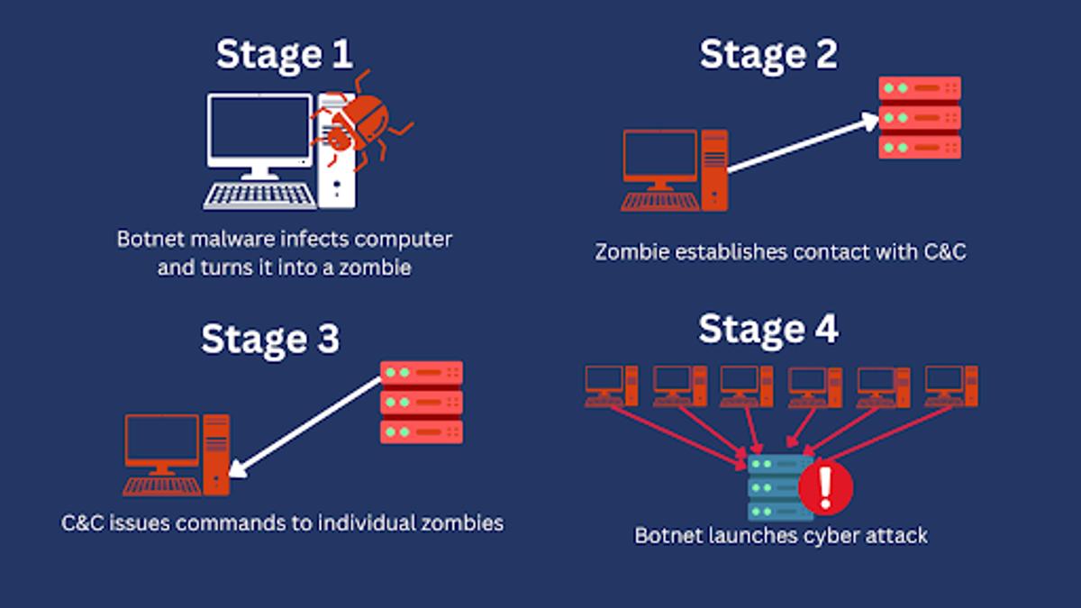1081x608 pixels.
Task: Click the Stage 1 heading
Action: pyautogui.click(x=284, y=55)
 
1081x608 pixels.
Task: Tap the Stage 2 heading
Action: pyautogui.click(x=768, y=55)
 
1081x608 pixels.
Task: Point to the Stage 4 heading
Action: pyautogui.click(x=768, y=330)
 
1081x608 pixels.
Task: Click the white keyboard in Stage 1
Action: pyautogui.click(x=259, y=196)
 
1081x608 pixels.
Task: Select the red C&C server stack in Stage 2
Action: pyautogui.click(x=920, y=118)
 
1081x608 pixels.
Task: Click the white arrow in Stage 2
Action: pyautogui.click(x=803, y=143)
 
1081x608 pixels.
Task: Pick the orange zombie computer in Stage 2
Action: pyautogui.click(x=675, y=170)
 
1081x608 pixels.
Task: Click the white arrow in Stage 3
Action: pyautogui.click(x=304, y=428)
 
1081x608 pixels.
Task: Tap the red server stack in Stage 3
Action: pyautogui.click(x=422, y=403)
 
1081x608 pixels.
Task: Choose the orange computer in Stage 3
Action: pyautogui.click(x=177, y=455)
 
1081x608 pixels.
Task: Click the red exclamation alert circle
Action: pyautogui.click(x=826, y=488)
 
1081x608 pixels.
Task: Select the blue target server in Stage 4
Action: pyautogui.click(x=778, y=488)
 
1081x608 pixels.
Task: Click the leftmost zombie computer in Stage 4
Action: pyautogui.click(x=612, y=386)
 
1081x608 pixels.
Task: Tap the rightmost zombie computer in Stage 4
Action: pyautogui.click(x=951, y=386)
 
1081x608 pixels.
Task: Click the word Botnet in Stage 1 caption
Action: pyautogui.click(x=150, y=240)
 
